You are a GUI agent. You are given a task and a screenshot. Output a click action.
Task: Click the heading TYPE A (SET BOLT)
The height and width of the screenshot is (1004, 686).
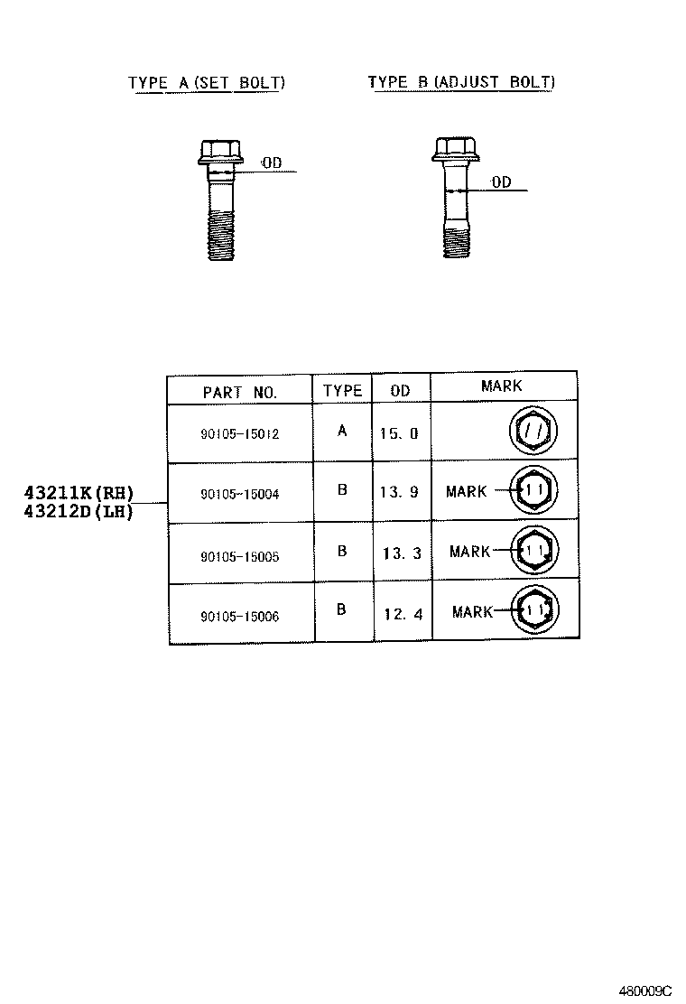pos(207,83)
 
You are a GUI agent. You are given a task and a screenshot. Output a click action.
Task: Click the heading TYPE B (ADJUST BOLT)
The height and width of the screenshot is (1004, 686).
pos(461,83)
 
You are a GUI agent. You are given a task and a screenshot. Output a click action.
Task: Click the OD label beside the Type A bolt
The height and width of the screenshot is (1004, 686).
pos(272,163)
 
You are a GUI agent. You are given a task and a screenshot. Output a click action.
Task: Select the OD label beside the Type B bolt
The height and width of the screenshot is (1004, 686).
pos(501,182)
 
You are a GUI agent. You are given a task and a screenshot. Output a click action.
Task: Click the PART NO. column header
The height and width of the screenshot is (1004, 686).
pos(240,392)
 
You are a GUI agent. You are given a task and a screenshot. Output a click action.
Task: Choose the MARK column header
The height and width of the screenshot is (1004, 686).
pos(502,386)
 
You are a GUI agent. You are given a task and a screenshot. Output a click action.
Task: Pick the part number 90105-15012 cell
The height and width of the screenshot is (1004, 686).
pos(240,433)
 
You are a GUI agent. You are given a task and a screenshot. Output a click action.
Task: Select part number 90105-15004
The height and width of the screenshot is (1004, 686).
pos(240,493)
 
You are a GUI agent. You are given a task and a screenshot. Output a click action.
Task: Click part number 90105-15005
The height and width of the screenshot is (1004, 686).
pos(240,556)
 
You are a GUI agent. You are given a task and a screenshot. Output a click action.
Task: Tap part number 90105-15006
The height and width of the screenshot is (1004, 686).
pos(240,617)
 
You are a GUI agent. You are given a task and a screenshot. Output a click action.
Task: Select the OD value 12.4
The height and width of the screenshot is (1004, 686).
pos(402,615)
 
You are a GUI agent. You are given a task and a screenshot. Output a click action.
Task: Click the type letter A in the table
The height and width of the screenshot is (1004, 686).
pos(342,431)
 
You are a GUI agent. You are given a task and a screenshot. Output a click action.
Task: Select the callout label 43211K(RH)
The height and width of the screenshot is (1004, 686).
pos(79,493)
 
